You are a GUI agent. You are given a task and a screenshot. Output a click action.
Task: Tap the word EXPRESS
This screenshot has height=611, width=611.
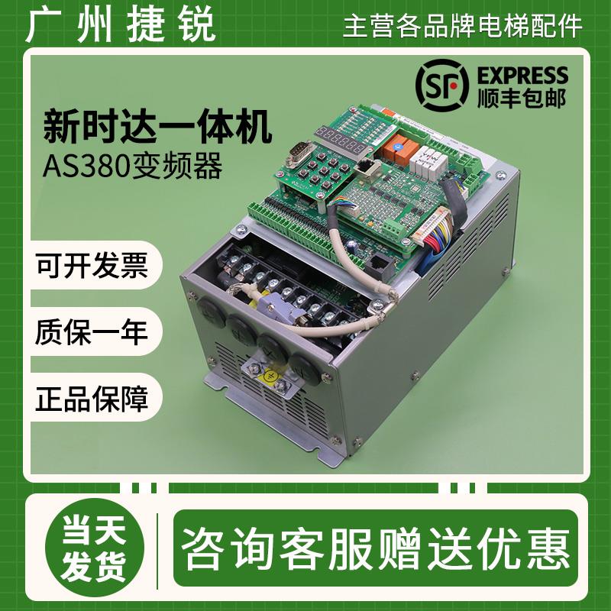click(x=522, y=76)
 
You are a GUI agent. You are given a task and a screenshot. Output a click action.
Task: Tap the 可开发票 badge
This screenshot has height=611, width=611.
click(x=90, y=267)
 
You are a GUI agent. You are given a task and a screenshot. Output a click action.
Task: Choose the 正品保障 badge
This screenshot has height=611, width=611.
click(x=90, y=399)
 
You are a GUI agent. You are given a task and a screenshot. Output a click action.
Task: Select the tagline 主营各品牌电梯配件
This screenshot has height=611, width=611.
click(x=463, y=26)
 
